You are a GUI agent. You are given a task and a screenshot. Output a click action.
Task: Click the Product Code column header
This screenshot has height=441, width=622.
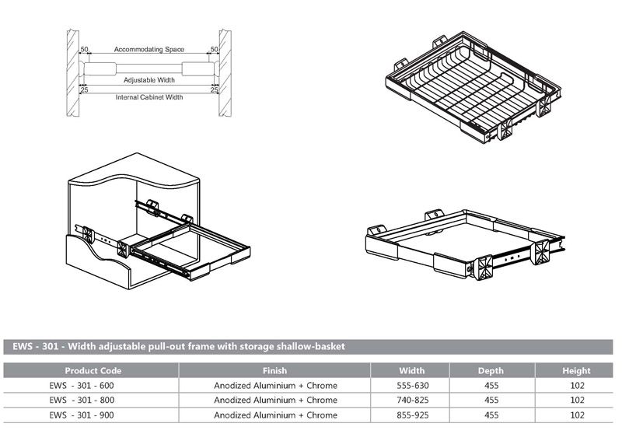(x=93, y=371)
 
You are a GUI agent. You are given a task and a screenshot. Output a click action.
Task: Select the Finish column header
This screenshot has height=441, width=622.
(x=275, y=371)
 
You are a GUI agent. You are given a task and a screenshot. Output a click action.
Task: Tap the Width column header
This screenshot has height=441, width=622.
(x=411, y=371)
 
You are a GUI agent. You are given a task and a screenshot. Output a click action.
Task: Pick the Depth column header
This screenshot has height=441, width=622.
(x=491, y=371)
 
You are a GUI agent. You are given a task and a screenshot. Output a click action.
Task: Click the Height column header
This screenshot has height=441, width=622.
(x=577, y=371)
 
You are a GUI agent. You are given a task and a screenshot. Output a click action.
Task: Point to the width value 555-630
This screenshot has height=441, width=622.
(x=411, y=385)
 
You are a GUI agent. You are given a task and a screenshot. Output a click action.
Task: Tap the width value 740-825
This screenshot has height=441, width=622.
(x=411, y=400)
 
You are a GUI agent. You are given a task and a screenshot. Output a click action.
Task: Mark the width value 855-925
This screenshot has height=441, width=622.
(x=411, y=415)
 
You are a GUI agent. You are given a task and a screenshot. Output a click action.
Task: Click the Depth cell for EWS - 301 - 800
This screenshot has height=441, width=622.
(x=491, y=400)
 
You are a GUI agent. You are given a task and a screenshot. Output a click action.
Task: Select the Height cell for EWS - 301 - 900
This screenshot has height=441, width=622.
(x=577, y=415)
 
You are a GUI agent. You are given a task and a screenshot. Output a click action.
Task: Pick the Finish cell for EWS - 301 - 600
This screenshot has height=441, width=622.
(x=275, y=385)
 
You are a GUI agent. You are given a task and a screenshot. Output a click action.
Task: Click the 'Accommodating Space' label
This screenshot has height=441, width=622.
(x=149, y=49)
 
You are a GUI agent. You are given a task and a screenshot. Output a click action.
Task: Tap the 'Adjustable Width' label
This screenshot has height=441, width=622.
(x=149, y=79)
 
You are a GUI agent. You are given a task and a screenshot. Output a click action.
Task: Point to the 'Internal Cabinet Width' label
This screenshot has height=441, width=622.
(x=149, y=97)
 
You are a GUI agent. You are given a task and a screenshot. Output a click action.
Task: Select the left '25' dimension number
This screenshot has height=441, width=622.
(x=83, y=90)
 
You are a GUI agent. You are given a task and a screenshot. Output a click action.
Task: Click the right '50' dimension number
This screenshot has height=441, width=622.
(x=214, y=49)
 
